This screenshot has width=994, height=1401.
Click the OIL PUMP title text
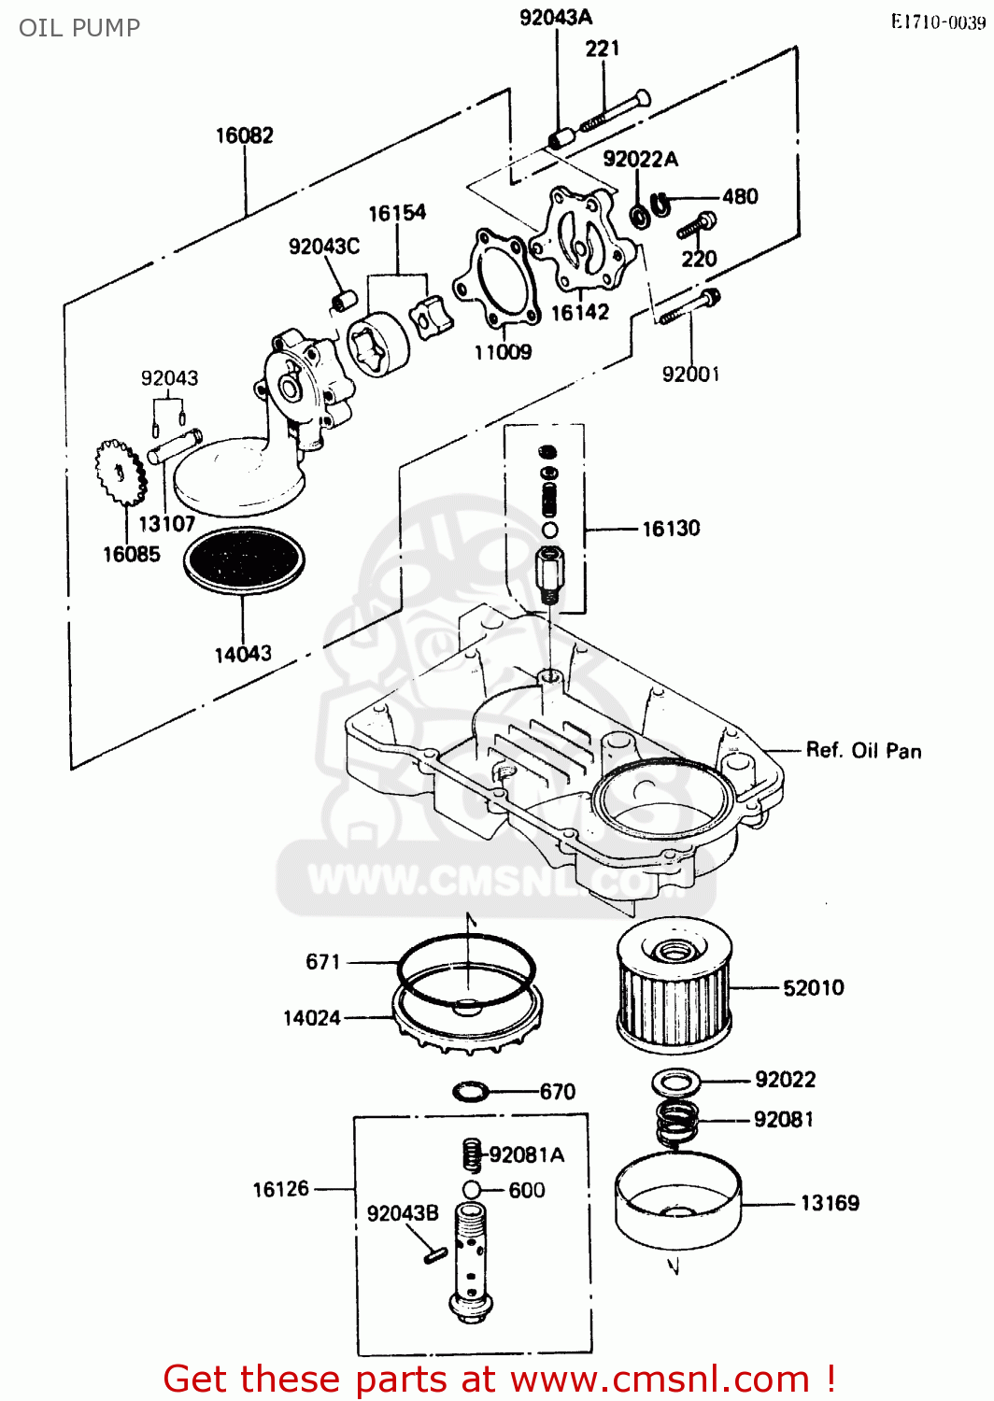(79, 27)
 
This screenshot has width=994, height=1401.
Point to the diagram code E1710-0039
(937, 22)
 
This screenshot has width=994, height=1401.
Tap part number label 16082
(245, 136)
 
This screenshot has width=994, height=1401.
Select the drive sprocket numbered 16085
(121, 472)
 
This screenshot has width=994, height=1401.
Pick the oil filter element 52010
(672, 986)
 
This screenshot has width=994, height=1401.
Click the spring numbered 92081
(677, 1119)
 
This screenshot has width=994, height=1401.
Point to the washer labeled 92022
(675, 1082)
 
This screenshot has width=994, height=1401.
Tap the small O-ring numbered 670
(470, 1090)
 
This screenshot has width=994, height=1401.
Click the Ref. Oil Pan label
(863, 751)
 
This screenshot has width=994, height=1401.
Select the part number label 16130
(671, 529)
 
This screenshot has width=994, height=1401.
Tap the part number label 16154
(397, 214)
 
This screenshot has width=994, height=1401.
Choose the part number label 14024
(312, 1018)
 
